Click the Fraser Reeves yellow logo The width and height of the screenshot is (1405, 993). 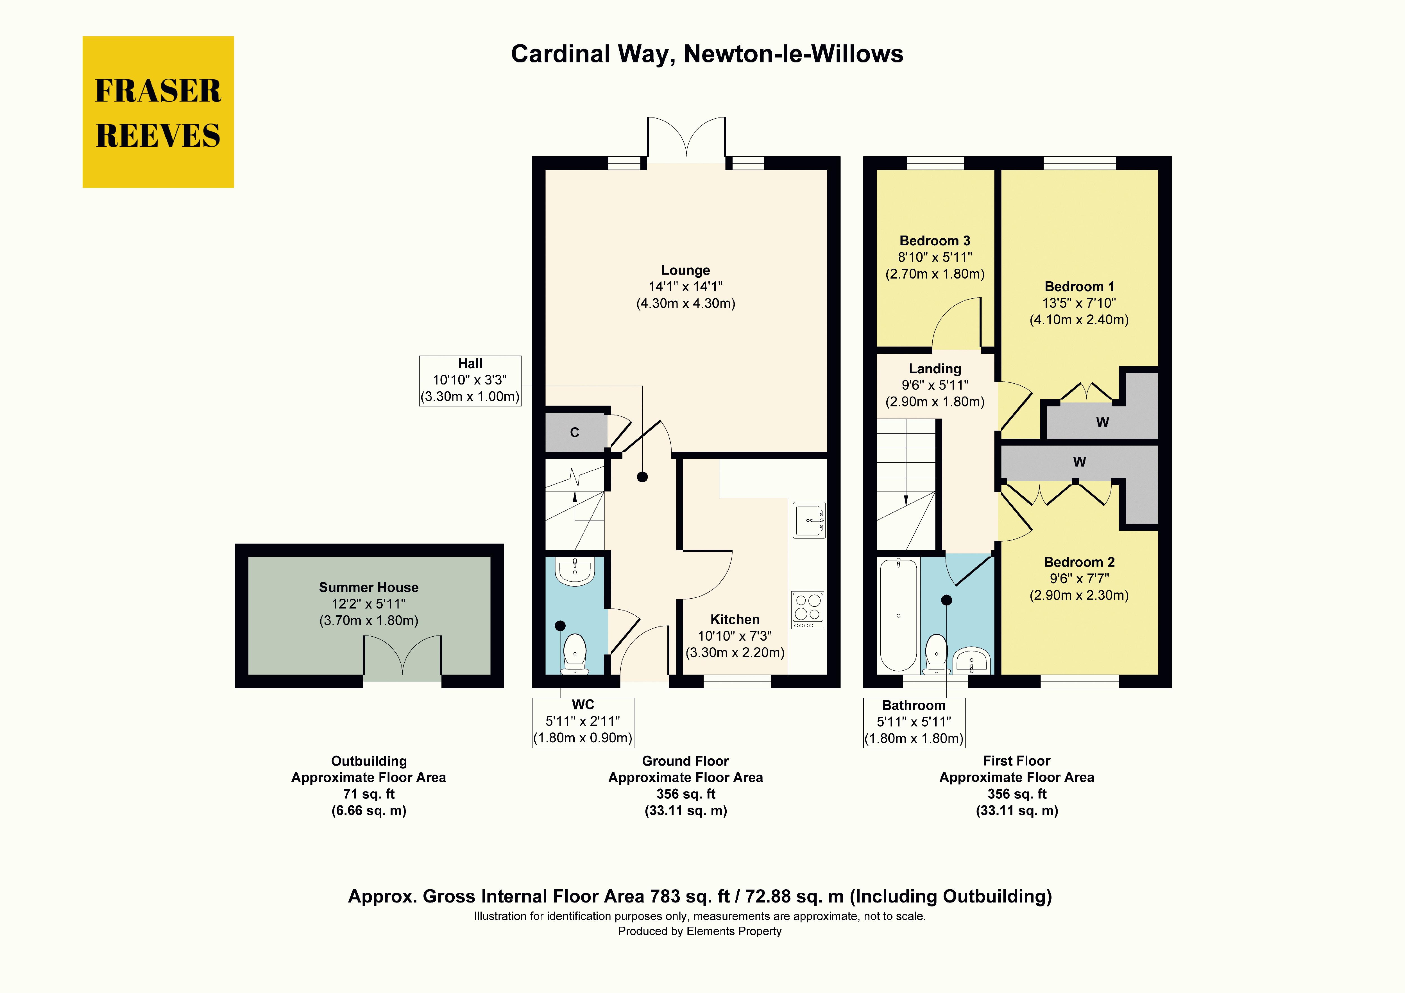pyautogui.click(x=158, y=112)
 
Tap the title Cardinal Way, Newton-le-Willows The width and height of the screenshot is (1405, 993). pyautogui.click(x=707, y=54)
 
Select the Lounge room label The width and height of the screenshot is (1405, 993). pyautogui.click(x=685, y=270)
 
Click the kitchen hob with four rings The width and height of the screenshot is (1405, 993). pyautogui.click(x=807, y=609)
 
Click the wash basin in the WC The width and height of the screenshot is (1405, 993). pyautogui.click(x=575, y=571)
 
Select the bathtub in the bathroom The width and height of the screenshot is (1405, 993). pyautogui.click(x=898, y=615)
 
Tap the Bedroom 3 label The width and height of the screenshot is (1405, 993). pyautogui.click(x=934, y=241)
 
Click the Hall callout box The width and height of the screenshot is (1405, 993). pyautogui.click(x=470, y=380)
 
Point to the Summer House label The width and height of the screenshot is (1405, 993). pyautogui.click(x=368, y=587)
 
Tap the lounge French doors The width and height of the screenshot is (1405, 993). pyautogui.click(x=686, y=140)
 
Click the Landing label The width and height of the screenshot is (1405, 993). pyautogui.click(x=934, y=368)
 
